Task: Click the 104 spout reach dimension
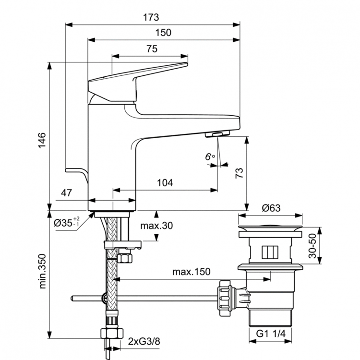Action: pyautogui.click(x=165, y=182)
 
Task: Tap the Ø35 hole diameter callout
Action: pyautogui.click(x=66, y=222)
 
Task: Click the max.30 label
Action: pyautogui.click(x=156, y=226)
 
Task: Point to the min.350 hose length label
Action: pyautogui.click(x=42, y=272)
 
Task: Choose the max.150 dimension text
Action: pyautogui.click(x=192, y=272)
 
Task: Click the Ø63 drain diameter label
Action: pyautogui.click(x=271, y=208)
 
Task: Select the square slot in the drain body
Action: pyautogui.click(x=269, y=252)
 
